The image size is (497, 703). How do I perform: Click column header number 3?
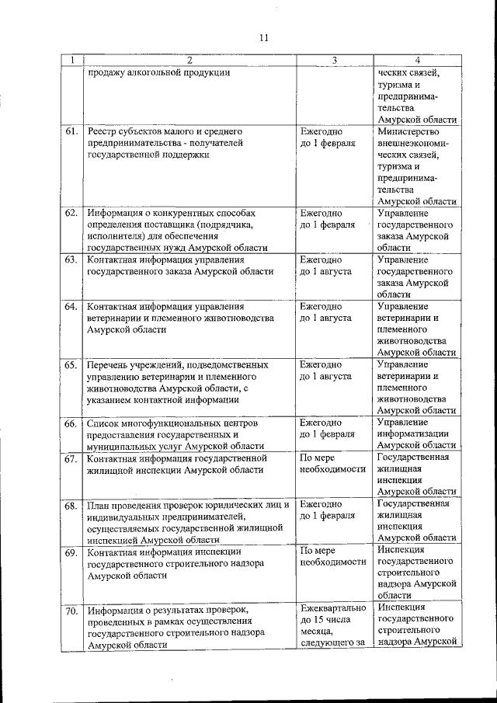tap(334, 60)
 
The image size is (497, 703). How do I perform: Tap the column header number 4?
tap(417, 60)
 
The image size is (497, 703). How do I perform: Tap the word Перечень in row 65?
tap(109, 364)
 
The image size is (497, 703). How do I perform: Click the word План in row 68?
tap(99, 506)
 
